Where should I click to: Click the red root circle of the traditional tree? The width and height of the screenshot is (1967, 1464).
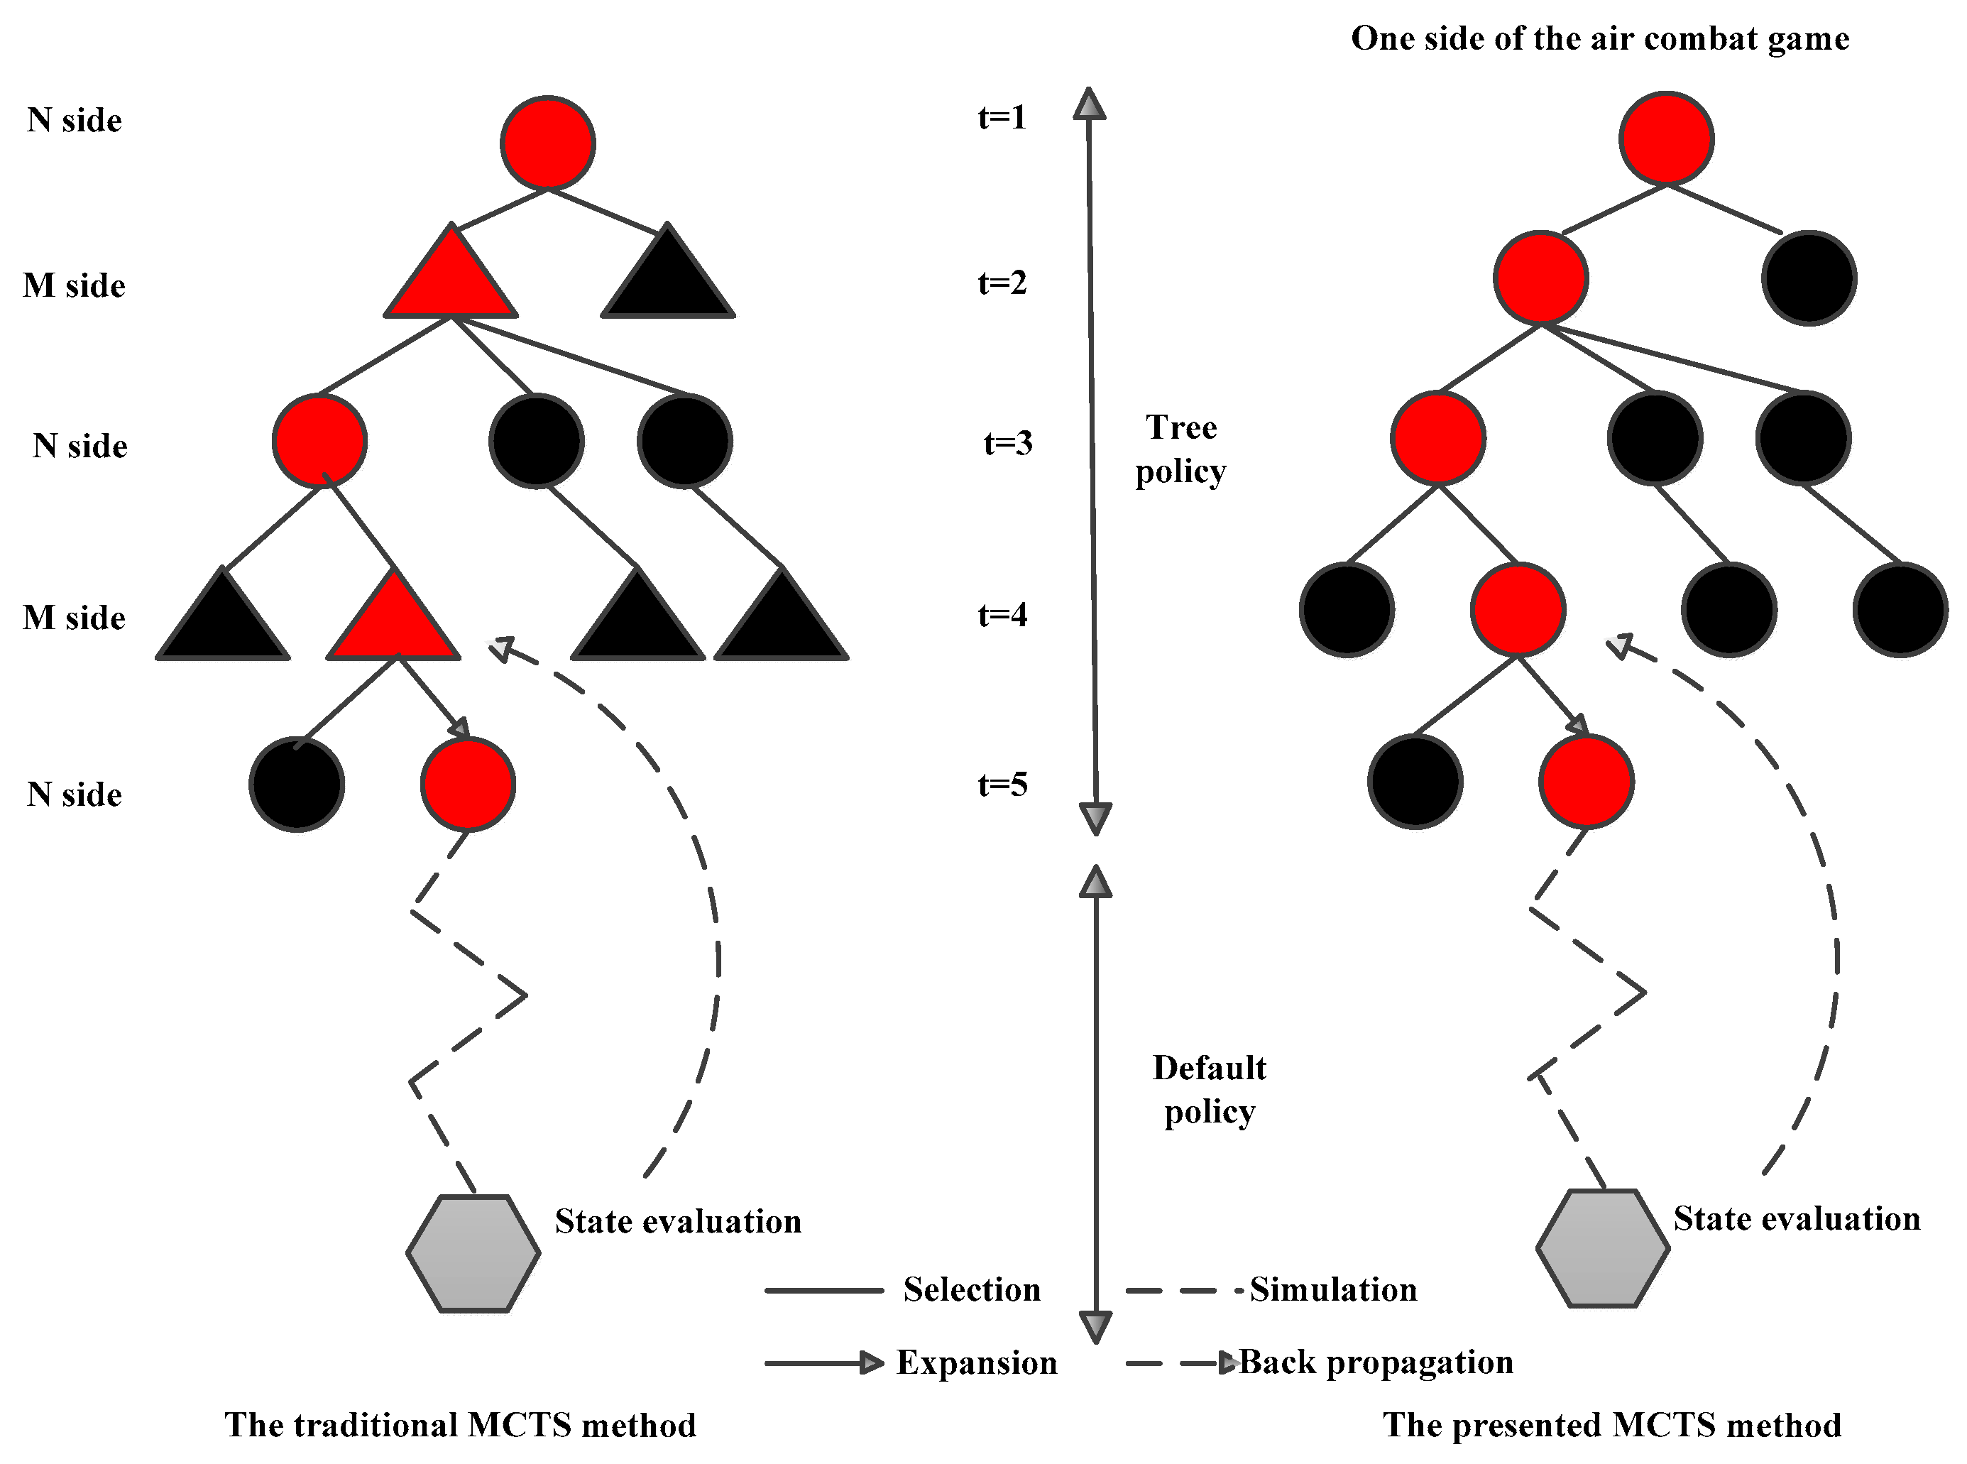pyautogui.click(x=547, y=143)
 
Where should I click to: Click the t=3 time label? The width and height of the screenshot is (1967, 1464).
pyautogui.click(x=1007, y=442)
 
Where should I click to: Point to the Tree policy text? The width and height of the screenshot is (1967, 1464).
pyautogui.click(x=1180, y=449)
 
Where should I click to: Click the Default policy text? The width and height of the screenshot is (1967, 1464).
pyautogui.click(x=1209, y=1089)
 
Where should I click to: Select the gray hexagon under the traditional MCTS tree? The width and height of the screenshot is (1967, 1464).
pyautogui.click(x=473, y=1253)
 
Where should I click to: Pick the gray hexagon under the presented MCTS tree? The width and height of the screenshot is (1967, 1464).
pyautogui.click(x=1602, y=1249)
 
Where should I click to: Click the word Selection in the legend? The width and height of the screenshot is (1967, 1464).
pyautogui.click(x=971, y=1289)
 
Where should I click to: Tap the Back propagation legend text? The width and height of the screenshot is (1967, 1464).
pyautogui.click(x=1375, y=1362)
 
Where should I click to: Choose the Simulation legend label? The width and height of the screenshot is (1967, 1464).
pyautogui.click(x=1332, y=1289)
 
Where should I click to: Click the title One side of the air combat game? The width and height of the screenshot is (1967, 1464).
pyautogui.click(x=1599, y=38)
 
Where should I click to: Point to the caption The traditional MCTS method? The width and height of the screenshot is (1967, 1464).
pyautogui.click(x=460, y=1425)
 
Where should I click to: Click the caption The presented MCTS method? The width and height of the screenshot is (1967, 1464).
pyautogui.click(x=1611, y=1425)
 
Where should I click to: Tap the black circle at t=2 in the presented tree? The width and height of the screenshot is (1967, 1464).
pyautogui.click(x=1809, y=278)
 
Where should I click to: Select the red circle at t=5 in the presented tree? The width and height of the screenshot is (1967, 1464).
pyautogui.click(x=1586, y=782)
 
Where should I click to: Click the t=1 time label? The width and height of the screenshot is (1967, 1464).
pyautogui.click(x=1002, y=117)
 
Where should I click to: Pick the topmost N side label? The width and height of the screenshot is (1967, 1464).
pyautogui.click(x=74, y=120)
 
